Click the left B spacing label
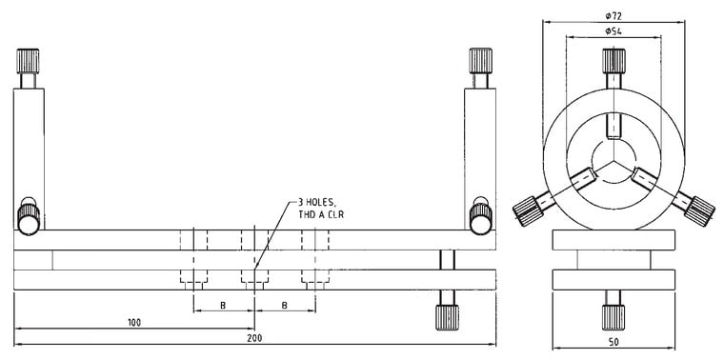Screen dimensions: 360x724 tap(223, 305)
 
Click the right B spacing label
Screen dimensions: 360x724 tap(285, 305)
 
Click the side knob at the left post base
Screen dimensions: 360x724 tap(30, 217)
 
